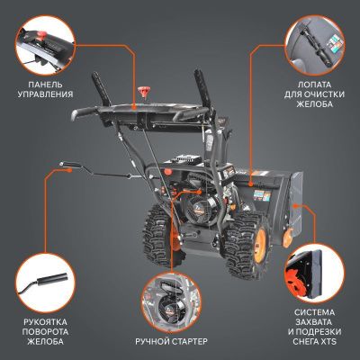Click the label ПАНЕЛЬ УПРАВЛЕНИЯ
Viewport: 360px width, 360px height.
tap(44, 89)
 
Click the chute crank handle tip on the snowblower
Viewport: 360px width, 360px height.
tap(64, 165)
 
